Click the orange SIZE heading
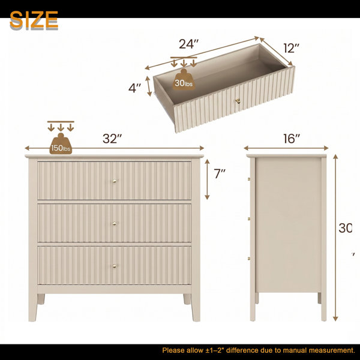tap(34, 20)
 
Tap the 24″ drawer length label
tap(189, 44)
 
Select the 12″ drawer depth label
tap(292, 48)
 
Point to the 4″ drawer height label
tap(134, 88)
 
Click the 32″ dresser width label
tap(112, 139)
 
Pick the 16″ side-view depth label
tap(292, 139)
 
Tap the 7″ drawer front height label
tap(220, 173)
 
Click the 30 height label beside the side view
tap(346, 228)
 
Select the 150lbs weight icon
tap(61, 143)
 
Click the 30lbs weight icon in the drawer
tap(184, 79)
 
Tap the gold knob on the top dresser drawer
tap(115, 181)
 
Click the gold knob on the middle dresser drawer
tap(115, 223)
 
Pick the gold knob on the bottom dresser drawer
tap(115, 266)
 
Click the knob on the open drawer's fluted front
tap(238, 100)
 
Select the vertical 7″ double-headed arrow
tap(207, 179)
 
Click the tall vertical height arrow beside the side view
tap(335, 238)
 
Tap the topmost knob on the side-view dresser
tap(249, 179)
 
